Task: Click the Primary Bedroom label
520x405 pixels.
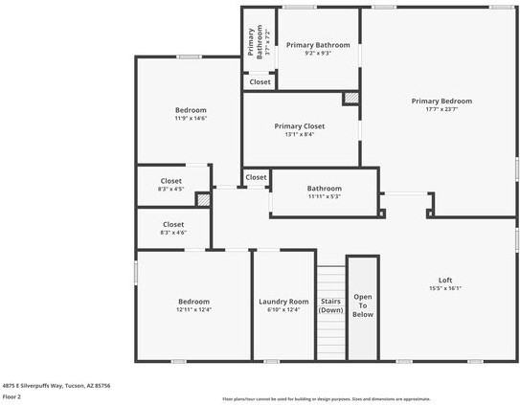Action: tap(441, 101)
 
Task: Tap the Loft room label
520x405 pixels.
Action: tap(443, 279)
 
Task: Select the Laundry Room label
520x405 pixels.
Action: tap(284, 302)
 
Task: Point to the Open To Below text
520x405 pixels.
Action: tap(362, 305)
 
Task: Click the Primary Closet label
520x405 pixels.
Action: tap(300, 126)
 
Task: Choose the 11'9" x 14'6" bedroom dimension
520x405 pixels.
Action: tap(190, 118)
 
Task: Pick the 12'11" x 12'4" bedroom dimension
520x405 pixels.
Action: tap(193, 309)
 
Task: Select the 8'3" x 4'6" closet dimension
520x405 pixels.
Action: tap(171, 232)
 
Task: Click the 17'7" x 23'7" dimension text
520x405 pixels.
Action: tap(441, 109)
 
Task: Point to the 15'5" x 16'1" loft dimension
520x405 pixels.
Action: tap(444, 287)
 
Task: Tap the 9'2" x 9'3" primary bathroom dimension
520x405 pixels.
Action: tap(318, 53)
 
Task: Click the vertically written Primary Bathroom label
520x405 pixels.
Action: tap(255, 42)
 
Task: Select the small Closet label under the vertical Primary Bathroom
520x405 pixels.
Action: tap(260, 82)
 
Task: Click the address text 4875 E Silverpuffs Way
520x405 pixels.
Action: tap(56, 385)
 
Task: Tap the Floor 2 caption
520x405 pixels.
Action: tap(11, 395)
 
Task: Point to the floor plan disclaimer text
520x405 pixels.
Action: tap(326, 398)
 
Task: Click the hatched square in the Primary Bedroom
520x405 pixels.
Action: tap(351, 98)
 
